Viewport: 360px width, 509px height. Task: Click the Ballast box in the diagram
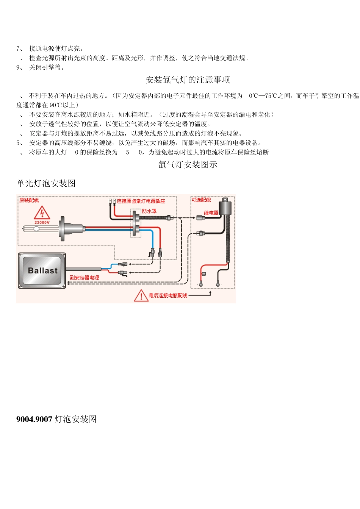[42, 270]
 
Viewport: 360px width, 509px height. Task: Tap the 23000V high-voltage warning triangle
[42, 214]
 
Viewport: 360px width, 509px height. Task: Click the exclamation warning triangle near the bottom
[141, 295]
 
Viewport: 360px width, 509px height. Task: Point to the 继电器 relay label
[211, 213]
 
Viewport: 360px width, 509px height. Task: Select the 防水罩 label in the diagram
[149, 211]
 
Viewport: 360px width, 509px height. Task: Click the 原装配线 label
[29, 200]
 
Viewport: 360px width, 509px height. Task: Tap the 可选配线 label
[201, 200]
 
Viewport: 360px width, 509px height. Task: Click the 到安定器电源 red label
[85, 278]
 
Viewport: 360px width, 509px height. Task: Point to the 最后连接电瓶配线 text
[168, 295]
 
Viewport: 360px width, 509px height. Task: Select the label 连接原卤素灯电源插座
[141, 201]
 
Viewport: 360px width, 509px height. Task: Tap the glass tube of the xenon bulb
[40, 228]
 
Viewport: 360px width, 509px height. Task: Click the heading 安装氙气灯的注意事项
[188, 80]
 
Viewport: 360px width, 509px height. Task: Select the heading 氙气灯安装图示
[188, 165]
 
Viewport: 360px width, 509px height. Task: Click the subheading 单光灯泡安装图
[46, 184]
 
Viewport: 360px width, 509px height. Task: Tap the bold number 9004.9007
[34, 419]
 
